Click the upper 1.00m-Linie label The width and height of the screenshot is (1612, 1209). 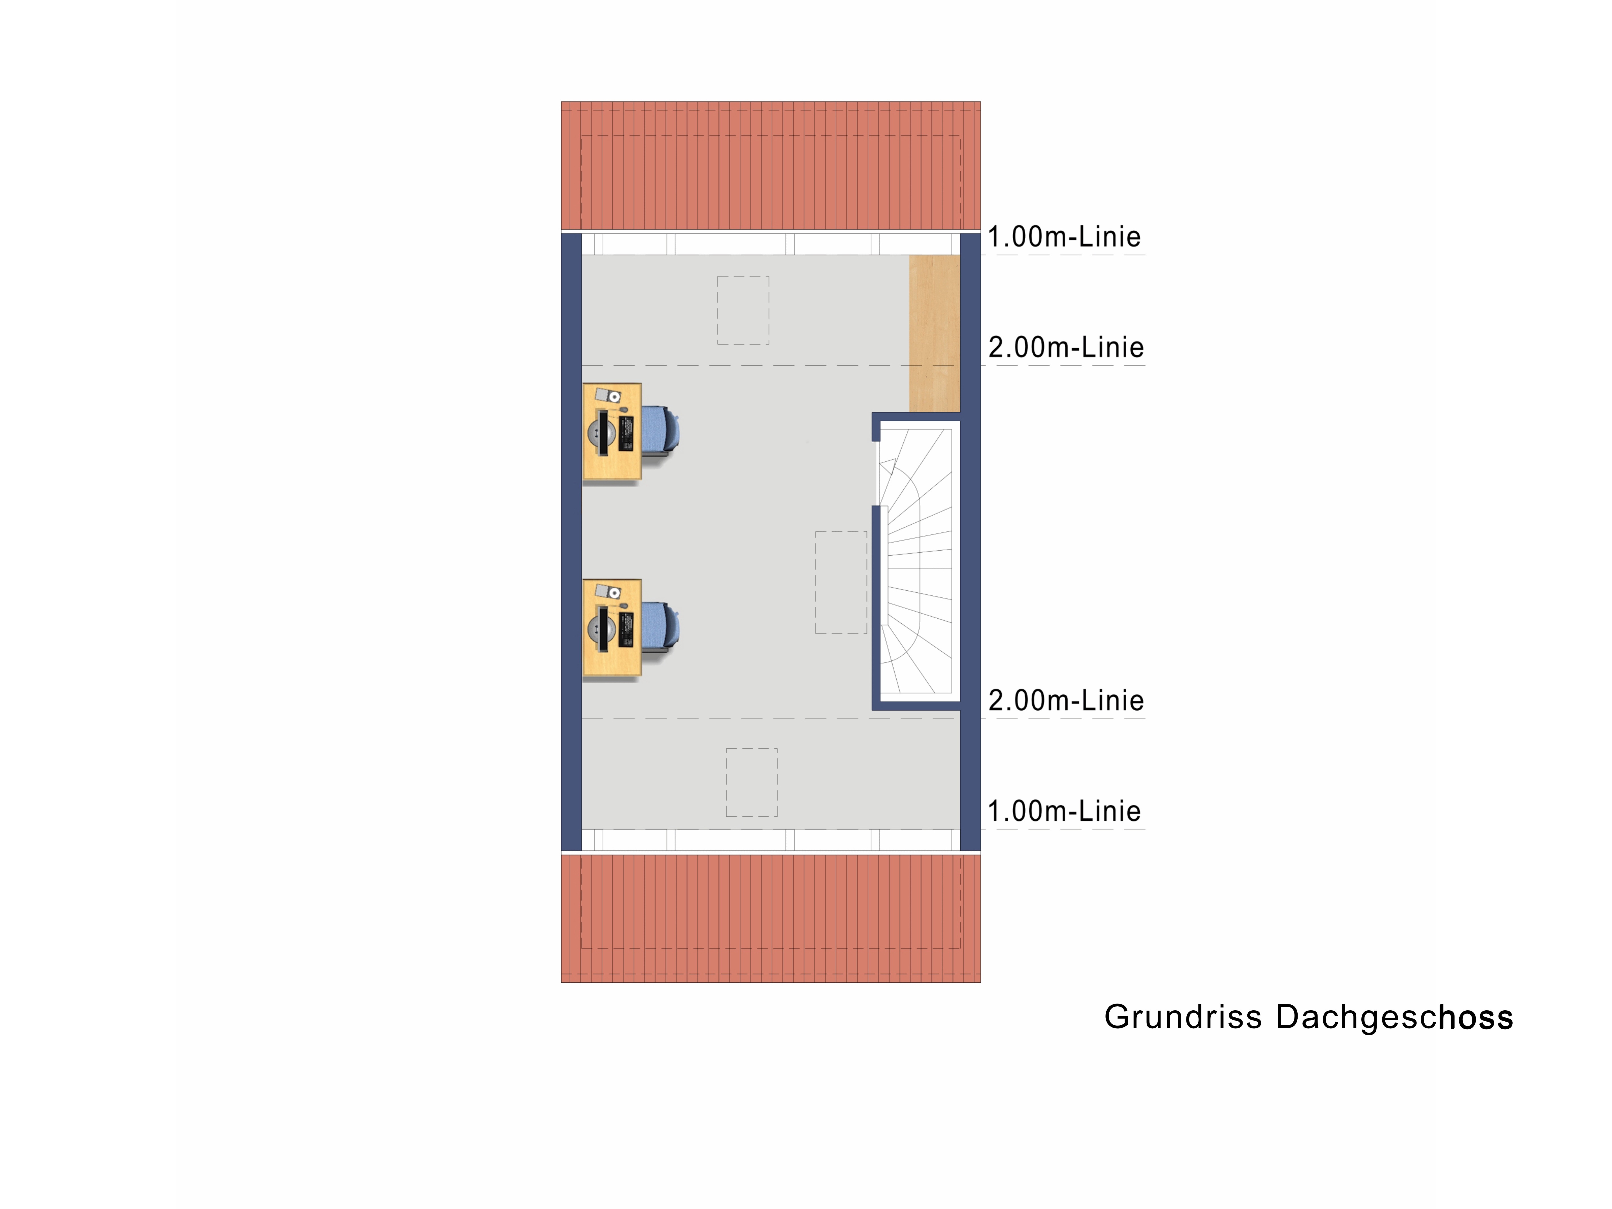point(1063,237)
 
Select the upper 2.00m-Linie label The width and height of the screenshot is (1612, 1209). point(1065,348)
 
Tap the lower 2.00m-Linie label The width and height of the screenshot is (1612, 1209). point(1065,700)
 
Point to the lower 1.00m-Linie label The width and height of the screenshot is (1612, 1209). point(1063,811)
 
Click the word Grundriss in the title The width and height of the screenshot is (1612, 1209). point(1182,1017)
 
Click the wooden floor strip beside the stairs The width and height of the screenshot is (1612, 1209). point(934,333)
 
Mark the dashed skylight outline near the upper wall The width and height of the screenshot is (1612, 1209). point(743,310)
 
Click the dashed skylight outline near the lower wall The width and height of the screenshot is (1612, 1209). point(751,782)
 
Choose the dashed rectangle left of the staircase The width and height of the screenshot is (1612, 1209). point(841,582)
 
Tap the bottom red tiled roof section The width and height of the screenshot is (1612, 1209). point(770,918)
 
